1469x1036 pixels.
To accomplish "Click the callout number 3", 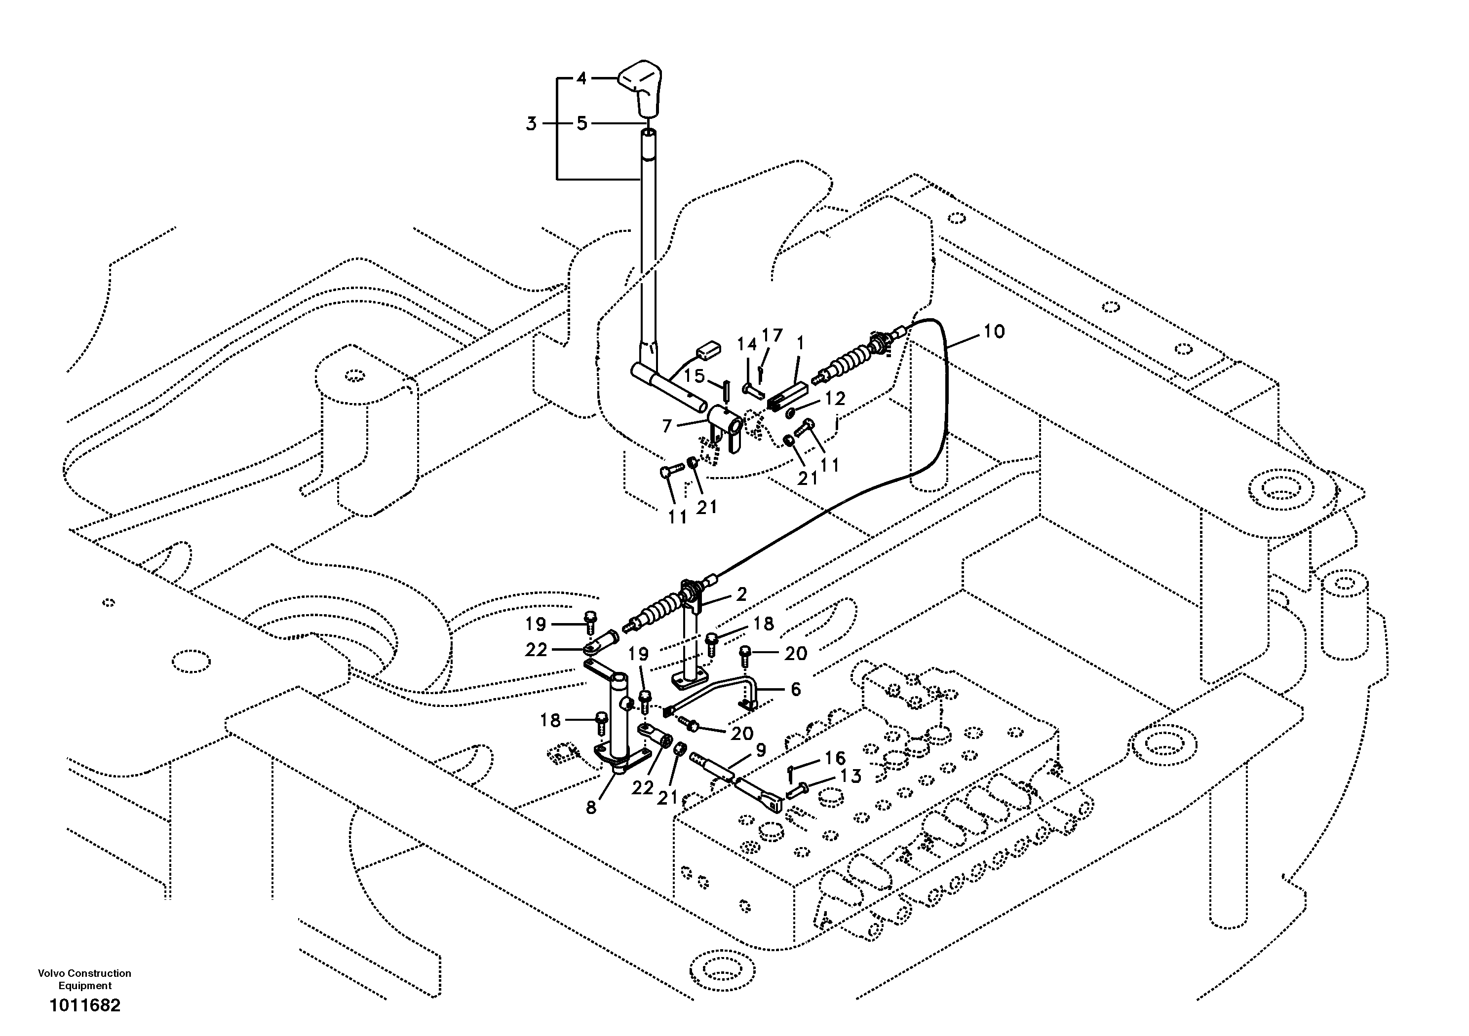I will click(531, 123).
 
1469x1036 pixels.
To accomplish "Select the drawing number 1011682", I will click(85, 1005).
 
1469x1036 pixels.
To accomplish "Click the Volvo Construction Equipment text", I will click(84, 979).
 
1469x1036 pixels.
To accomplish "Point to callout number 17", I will click(772, 335).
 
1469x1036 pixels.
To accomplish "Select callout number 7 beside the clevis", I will click(667, 425).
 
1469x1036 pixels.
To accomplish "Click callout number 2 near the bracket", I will click(741, 594).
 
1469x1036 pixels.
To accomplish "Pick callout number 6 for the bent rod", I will click(795, 689).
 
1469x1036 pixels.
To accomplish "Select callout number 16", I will click(835, 758).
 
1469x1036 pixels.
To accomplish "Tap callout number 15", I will click(695, 376).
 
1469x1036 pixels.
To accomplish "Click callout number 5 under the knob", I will click(581, 123).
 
